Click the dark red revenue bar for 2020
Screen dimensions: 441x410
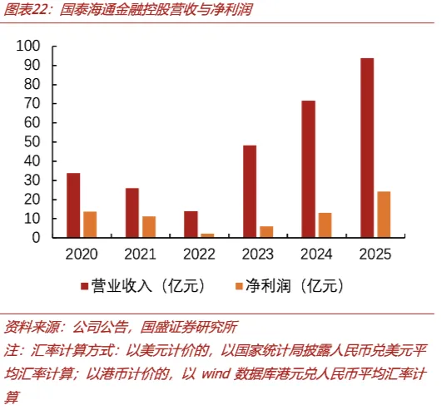coord(73,205)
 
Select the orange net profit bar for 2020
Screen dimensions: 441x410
coord(90,225)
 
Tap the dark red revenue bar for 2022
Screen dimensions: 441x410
coord(191,225)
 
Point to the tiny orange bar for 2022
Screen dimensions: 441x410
coord(207,235)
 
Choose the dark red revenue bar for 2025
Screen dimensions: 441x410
coord(367,148)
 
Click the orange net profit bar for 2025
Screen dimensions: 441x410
coord(384,215)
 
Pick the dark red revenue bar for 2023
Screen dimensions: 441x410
coord(250,191)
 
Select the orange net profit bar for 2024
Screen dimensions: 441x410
coord(325,225)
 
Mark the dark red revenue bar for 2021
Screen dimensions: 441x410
coord(132,213)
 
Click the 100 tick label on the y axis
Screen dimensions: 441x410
coord(28,46)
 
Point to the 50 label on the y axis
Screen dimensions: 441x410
coord(32,142)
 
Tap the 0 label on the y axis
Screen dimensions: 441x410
coord(36,238)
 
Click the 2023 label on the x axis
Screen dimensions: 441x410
coord(258,254)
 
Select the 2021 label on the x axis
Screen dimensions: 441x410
coord(140,254)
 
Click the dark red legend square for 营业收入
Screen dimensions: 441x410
coord(84,286)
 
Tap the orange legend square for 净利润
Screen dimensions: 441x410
coord(239,286)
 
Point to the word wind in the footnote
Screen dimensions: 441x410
coord(216,374)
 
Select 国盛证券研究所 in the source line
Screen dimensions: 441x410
coord(189,327)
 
